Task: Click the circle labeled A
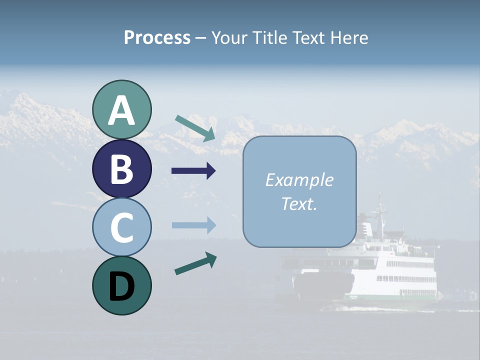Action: tap(121, 109)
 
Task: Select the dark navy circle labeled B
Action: tap(121, 168)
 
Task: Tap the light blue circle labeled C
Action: tap(121, 227)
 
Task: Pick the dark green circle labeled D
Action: tap(121, 285)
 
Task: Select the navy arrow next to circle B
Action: tap(193, 171)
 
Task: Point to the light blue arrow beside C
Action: tap(193, 225)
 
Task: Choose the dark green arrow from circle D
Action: tap(195, 263)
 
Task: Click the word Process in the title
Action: tap(157, 38)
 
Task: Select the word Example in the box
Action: tap(299, 180)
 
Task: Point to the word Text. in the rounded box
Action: tap(299, 204)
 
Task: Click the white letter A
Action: tap(121, 110)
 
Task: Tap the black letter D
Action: tap(121, 286)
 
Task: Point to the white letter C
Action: tap(121, 228)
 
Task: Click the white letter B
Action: tap(121, 169)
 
